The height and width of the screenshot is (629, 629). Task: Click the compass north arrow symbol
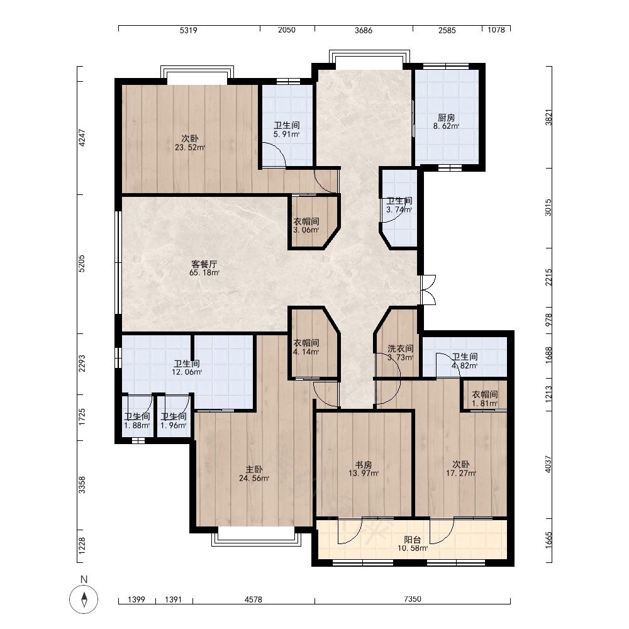[x=84, y=599]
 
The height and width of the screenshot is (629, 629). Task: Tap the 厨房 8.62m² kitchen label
[x=446, y=121]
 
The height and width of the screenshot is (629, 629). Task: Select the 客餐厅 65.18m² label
[x=204, y=269]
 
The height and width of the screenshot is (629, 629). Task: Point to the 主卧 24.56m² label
[x=254, y=474]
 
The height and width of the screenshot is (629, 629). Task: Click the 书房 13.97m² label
[x=364, y=469]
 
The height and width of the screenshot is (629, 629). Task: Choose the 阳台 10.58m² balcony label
[x=413, y=544]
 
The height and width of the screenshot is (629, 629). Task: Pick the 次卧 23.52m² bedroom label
[x=190, y=143]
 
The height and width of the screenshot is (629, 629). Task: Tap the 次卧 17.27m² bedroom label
[x=461, y=469]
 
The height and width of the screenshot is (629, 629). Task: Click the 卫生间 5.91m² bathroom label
[x=286, y=130]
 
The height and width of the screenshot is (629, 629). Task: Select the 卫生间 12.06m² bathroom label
[x=187, y=368]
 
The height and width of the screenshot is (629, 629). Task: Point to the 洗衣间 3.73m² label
[x=400, y=353]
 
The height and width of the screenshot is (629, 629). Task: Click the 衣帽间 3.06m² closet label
[x=306, y=225]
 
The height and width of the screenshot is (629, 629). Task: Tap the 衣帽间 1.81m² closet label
[x=484, y=399]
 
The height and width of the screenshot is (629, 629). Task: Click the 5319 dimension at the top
[x=188, y=30]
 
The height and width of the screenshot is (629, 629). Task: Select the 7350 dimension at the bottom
[x=413, y=599]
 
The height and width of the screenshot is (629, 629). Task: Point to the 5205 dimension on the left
[x=81, y=264]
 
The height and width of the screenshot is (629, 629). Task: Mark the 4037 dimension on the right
[x=548, y=464]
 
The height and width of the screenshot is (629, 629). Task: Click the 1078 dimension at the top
[x=496, y=30]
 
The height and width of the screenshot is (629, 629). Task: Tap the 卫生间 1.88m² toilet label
[x=136, y=421]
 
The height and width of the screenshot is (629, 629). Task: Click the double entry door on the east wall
[x=428, y=289]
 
